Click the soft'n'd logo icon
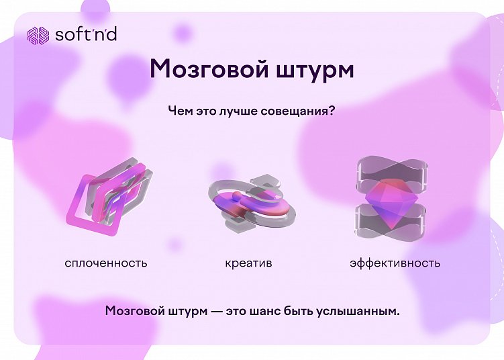[38, 34]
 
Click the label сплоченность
[106, 263]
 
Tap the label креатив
[248, 263]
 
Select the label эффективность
[395, 263]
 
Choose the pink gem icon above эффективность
[390, 201]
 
